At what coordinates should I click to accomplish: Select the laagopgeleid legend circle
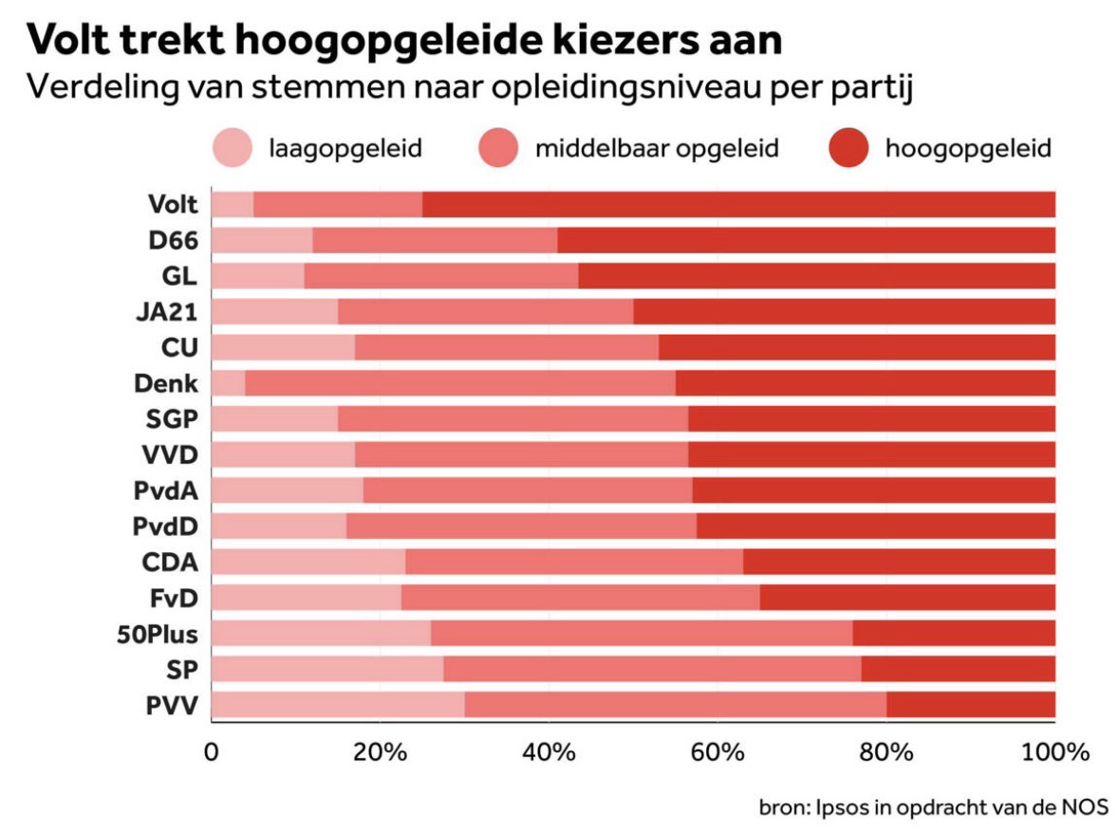click(x=232, y=149)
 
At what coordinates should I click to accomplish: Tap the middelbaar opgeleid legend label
click(x=656, y=149)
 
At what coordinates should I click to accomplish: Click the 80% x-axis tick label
click(x=886, y=754)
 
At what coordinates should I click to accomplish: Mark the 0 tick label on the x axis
click(x=211, y=754)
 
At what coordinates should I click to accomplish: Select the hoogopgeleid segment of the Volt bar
click(x=738, y=204)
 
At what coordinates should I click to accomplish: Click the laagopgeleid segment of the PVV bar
click(x=337, y=705)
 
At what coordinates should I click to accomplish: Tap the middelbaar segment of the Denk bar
click(x=459, y=383)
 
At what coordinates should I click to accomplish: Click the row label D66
click(x=173, y=240)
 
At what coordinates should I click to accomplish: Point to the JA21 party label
click(x=167, y=311)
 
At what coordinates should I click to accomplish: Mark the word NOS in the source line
click(x=1085, y=808)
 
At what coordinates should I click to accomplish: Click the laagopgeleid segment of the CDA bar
click(x=308, y=562)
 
